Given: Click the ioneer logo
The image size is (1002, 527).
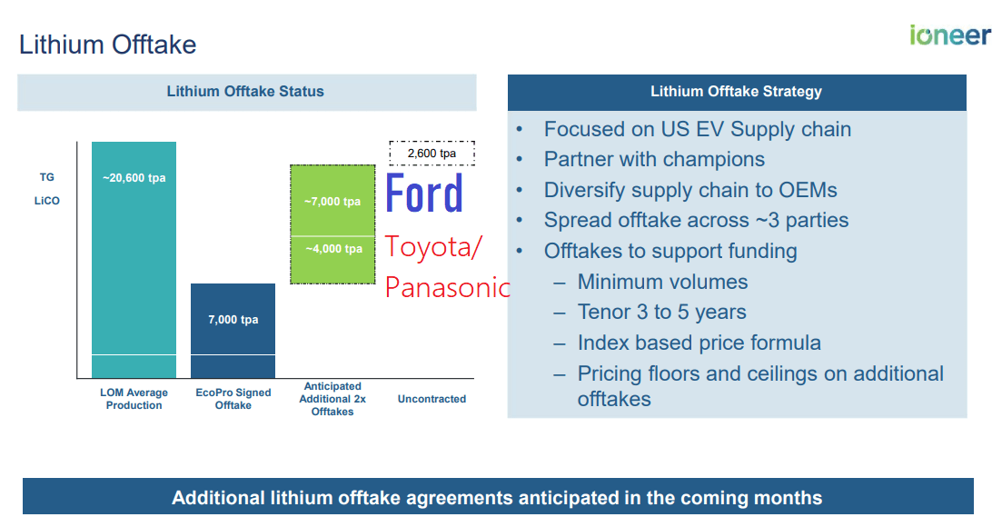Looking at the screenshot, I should pyautogui.click(x=949, y=35).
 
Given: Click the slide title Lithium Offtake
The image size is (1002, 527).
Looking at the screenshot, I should pyautogui.click(x=108, y=45).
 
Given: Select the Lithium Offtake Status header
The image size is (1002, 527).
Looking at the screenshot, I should pyautogui.click(x=245, y=92).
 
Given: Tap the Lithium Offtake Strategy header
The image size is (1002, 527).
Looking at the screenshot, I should pyautogui.click(x=736, y=92).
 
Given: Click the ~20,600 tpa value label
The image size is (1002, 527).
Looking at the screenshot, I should pyautogui.click(x=134, y=178).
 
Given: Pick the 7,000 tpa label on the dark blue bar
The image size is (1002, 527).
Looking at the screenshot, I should pyautogui.click(x=233, y=320).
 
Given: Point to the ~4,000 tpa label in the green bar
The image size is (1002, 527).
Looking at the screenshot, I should pyautogui.click(x=332, y=249).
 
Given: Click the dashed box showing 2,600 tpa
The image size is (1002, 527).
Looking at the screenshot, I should pyautogui.click(x=432, y=154).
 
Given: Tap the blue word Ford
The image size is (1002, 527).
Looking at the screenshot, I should pyautogui.click(x=424, y=194).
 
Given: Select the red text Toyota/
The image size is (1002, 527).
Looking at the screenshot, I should pyautogui.click(x=434, y=246).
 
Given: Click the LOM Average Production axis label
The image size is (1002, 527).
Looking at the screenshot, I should pyautogui.click(x=134, y=399).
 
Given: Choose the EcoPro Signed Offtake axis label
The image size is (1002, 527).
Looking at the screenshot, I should pyautogui.click(x=233, y=399).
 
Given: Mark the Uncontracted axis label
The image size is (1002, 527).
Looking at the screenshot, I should pyautogui.click(x=432, y=399).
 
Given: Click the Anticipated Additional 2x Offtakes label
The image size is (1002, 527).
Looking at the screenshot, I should pyautogui.click(x=332, y=399).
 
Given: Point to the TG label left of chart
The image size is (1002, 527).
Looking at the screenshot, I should pyautogui.click(x=46, y=178).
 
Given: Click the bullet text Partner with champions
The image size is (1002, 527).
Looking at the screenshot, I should pyautogui.click(x=654, y=160).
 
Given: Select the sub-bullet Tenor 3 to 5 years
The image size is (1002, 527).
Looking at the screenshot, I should pyautogui.click(x=661, y=313).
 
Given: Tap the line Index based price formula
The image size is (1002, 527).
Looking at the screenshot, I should pyautogui.click(x=699, y=343).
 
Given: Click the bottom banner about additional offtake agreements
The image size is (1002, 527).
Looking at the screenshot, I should pyautogui.click(x=497, y=498).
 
